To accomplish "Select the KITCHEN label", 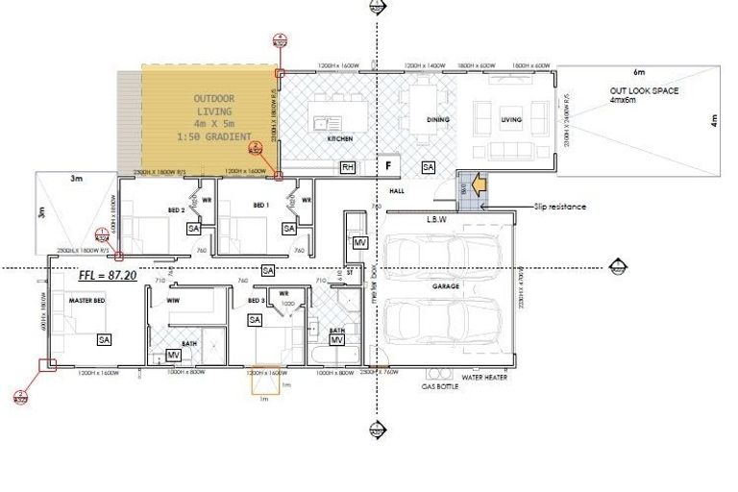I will pos(340,138).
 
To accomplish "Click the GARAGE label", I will pos(444,286).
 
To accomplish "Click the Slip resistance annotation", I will pos(562,207).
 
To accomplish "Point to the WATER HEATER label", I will pos(483,378).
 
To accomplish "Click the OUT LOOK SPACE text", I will pos(644,90).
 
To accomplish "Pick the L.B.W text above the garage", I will pos(439,219).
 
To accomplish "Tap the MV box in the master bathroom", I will pos(174,355).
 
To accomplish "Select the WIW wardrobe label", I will pos(174,301).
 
